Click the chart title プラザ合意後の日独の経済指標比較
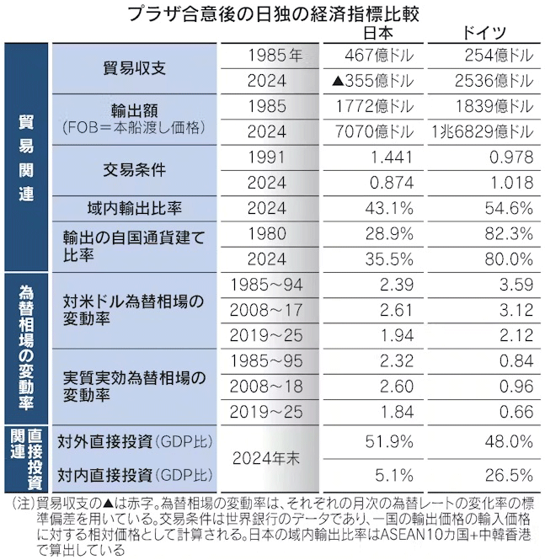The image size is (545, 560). pos(272,14)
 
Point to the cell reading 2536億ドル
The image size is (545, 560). pos(492,82)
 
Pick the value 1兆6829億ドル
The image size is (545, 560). pos(481,133)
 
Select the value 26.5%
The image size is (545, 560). pos(509,474)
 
